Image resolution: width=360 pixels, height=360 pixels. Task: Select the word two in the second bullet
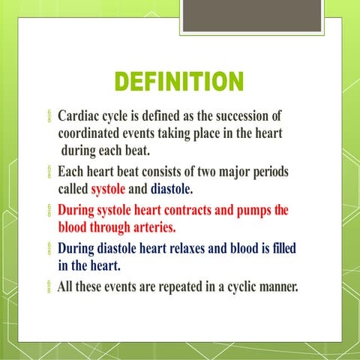208,172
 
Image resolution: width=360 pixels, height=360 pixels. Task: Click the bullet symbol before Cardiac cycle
49,118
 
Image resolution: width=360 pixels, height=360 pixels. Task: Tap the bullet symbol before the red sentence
49,211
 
